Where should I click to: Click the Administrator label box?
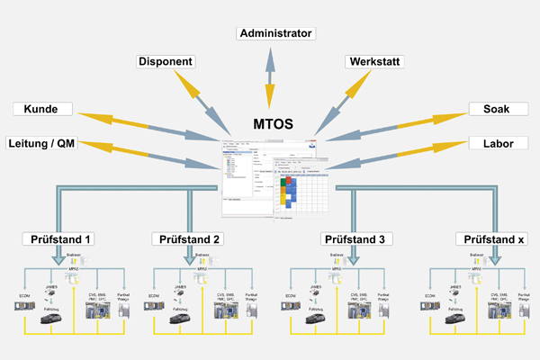(276, 33)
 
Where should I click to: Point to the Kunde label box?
(41, 110)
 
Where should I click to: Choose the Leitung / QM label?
(41, 143)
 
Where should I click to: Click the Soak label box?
(496, 110)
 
